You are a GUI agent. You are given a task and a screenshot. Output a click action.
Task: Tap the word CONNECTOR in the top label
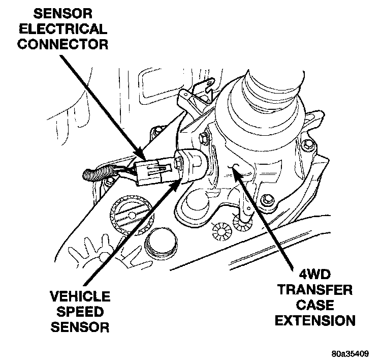70,44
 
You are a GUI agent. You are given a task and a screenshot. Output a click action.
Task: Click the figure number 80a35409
351,351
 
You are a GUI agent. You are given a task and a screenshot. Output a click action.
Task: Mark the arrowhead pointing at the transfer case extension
234,170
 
